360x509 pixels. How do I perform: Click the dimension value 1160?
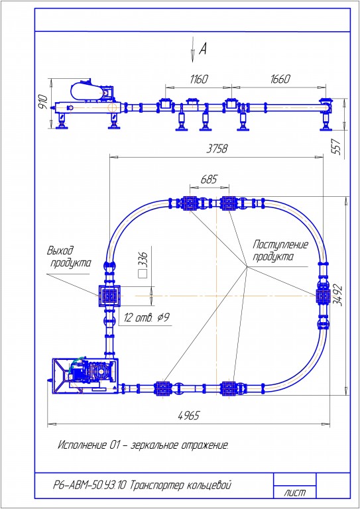199,80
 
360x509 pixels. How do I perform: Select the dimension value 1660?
280,80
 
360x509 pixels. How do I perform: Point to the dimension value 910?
43,101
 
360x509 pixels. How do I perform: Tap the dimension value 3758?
217,148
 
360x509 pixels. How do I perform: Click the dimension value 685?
209,179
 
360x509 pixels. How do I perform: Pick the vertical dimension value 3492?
338,295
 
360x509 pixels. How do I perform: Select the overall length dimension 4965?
189,415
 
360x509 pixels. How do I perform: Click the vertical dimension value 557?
337,146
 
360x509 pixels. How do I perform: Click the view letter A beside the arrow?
203,49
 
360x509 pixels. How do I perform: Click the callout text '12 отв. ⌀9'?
147,318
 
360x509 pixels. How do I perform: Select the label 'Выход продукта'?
69,256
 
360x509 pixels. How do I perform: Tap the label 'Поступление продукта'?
280,251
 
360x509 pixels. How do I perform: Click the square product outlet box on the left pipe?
109,296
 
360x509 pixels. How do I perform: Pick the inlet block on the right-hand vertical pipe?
324,296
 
